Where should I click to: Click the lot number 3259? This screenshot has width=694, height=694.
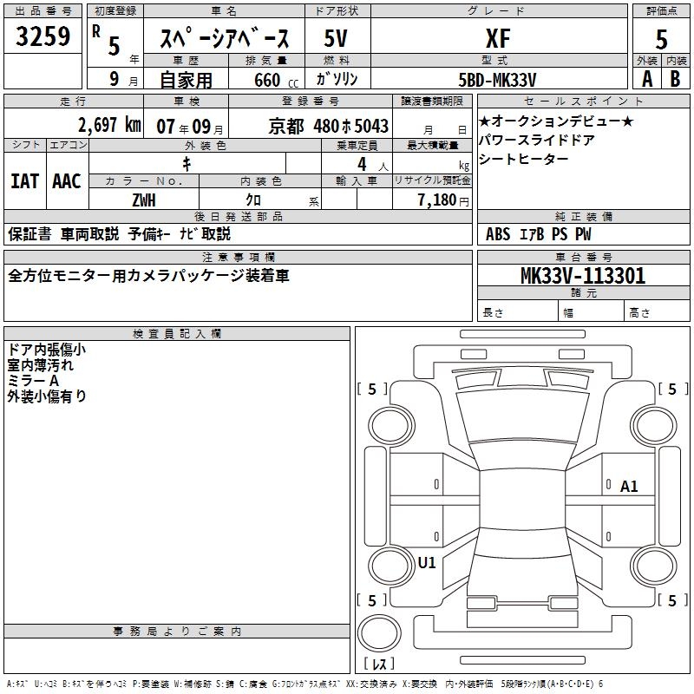coord(43,37)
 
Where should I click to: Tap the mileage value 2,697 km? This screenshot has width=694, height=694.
coord(109,125)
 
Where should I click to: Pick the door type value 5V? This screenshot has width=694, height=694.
coord(336,38)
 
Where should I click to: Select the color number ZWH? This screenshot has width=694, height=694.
coord(144,199)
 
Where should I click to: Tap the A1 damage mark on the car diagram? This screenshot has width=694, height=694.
coord(629,487)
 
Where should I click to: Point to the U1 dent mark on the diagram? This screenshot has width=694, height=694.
coord(427,562)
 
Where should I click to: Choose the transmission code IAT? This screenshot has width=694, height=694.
coord(24,180)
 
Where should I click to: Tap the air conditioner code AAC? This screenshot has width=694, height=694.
coord(66,180)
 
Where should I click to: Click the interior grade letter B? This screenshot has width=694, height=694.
coord(674,78)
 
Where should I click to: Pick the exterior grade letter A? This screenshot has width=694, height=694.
coord(646,78)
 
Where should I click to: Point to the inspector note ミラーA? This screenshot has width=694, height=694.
coord(33,381)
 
